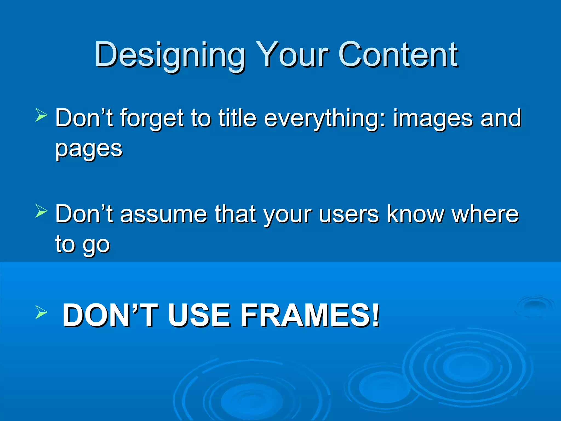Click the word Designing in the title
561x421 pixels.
tap(170, 55)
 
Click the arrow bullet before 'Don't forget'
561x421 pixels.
tap(41, 115)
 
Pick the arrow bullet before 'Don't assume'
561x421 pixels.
tap(41, 211)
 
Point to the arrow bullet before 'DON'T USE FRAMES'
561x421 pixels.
tap(41, 312)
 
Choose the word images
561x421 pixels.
tap(433, 118)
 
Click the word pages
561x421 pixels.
tap(89, 149)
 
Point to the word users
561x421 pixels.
tap(349, 214)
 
